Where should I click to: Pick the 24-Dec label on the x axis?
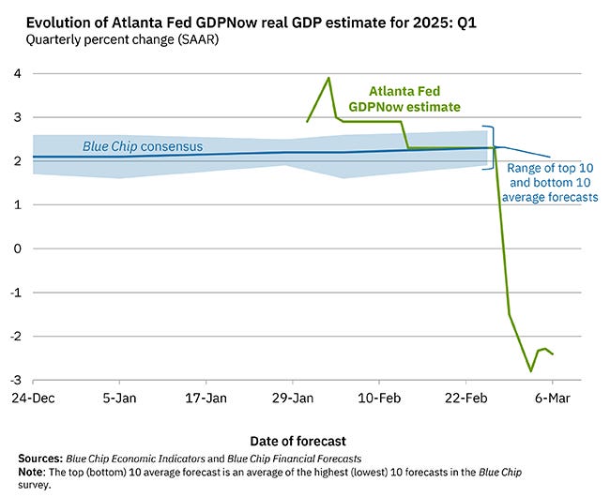tap(33, 398)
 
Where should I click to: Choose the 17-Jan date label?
tap(206, 398)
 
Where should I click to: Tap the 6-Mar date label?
tap(552, 398)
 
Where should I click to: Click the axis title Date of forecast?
tap(297, 441)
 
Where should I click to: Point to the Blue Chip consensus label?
tap(136, 146)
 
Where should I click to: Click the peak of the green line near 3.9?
tap(328, 78)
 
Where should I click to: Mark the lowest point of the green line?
tap(531, 371)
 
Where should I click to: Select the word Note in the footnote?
tap(33, 474)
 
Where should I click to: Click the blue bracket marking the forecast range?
tap(490, 147)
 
